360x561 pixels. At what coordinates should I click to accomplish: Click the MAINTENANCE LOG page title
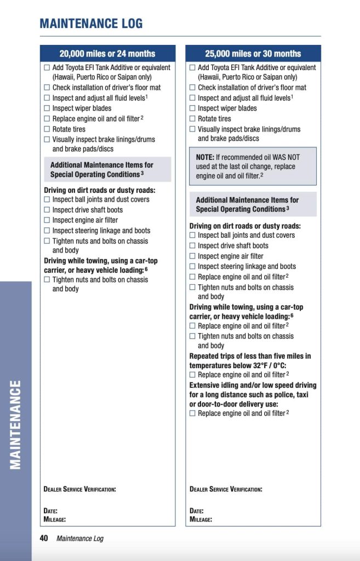[x=91, y=23]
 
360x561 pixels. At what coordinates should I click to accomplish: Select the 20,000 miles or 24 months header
[x=107, y=54]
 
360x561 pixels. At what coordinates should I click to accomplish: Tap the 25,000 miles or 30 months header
[x=253, y=54]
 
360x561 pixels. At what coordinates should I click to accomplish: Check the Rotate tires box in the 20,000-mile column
[x=47, y=129]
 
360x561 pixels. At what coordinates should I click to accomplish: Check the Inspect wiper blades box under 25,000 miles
[x=192, y=108]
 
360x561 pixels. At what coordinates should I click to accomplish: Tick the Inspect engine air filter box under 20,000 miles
[x=47, y=220]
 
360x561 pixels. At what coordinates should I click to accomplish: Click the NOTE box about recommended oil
[x=253, y=167]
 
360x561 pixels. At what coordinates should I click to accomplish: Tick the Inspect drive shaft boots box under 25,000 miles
[x=192, y=246]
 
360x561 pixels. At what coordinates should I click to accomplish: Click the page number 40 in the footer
[x=44, y=538]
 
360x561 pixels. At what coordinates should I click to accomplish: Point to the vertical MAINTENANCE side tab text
[x=16, y=425]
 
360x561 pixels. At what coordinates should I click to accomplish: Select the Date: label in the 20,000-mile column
[x=51, y=511]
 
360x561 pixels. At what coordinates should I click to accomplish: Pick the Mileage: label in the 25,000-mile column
[x=201, y=519]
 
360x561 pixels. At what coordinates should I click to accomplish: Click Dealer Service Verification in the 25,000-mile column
[x=226, y=489]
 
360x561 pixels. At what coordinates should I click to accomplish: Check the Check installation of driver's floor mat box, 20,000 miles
[x=47, y=88]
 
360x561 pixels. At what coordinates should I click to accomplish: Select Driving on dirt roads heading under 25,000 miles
[x=245, y=226]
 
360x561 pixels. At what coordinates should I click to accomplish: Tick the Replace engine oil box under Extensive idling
[x=192, y=414]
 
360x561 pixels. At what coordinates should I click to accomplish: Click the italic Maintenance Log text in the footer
[x=80, y=539]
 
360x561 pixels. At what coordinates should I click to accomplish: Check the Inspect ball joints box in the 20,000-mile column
[x=47, y=200]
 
